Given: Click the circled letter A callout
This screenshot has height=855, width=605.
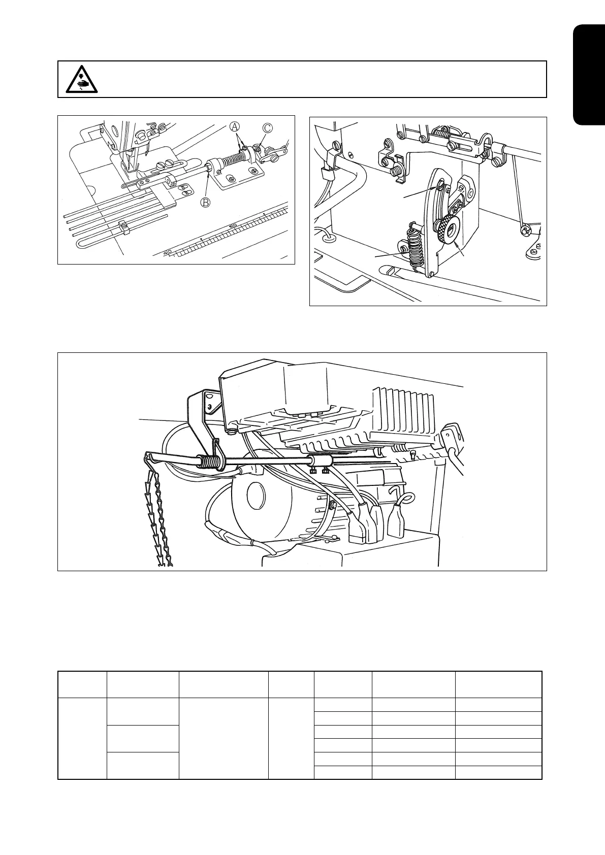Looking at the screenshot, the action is pyautogui.click(x=234, y=125).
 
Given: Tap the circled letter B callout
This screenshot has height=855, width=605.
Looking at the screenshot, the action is pyautogui.click(x=205, y=203).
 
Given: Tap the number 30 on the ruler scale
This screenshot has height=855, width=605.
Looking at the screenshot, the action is pyautogui.click(x=233, y=225).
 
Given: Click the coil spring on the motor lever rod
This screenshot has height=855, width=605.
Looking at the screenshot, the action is pyautogui.click(x=210, y=462).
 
